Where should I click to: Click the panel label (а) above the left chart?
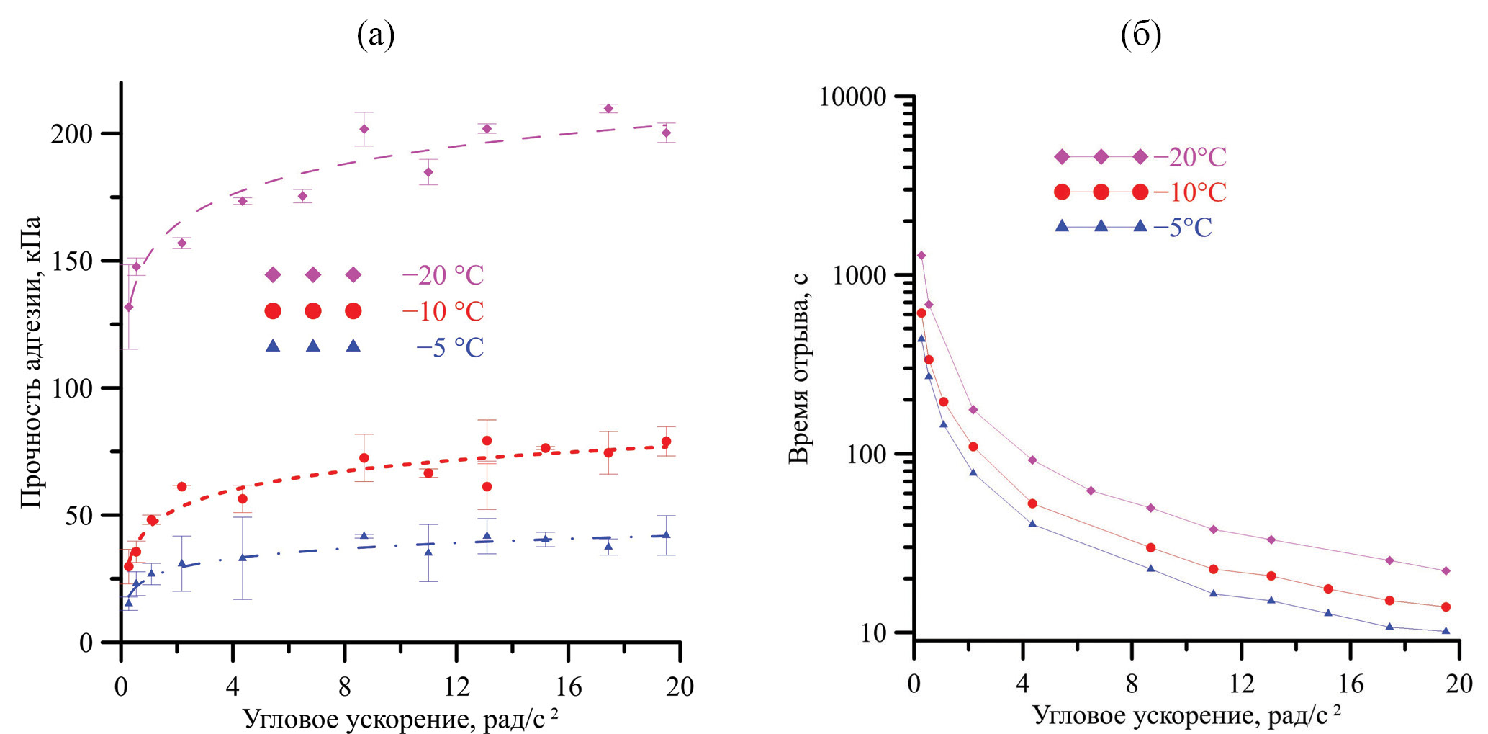coord(376,35)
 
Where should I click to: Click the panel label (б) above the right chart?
coord(1140,35)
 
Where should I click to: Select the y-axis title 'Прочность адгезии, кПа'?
coord(31,362)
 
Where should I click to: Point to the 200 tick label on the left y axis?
coord(72,134)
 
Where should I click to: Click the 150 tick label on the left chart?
coord(72,261)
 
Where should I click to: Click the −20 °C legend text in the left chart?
coord(443,275)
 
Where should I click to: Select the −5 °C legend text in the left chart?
coord(450,348)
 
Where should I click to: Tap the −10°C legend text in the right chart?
coord(1190,192)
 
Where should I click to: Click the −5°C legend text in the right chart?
coord(1183,228)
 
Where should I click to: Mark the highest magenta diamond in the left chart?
coord(608,109)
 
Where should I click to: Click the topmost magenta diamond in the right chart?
coord(921,256)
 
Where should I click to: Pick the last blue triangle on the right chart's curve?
coord(1445,631)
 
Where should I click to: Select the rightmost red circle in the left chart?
coord(666,442)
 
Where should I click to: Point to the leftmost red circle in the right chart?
coord(921,313)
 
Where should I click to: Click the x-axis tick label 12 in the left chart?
coord(456,686)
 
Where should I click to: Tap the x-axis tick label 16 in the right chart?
coord(1351,683)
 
